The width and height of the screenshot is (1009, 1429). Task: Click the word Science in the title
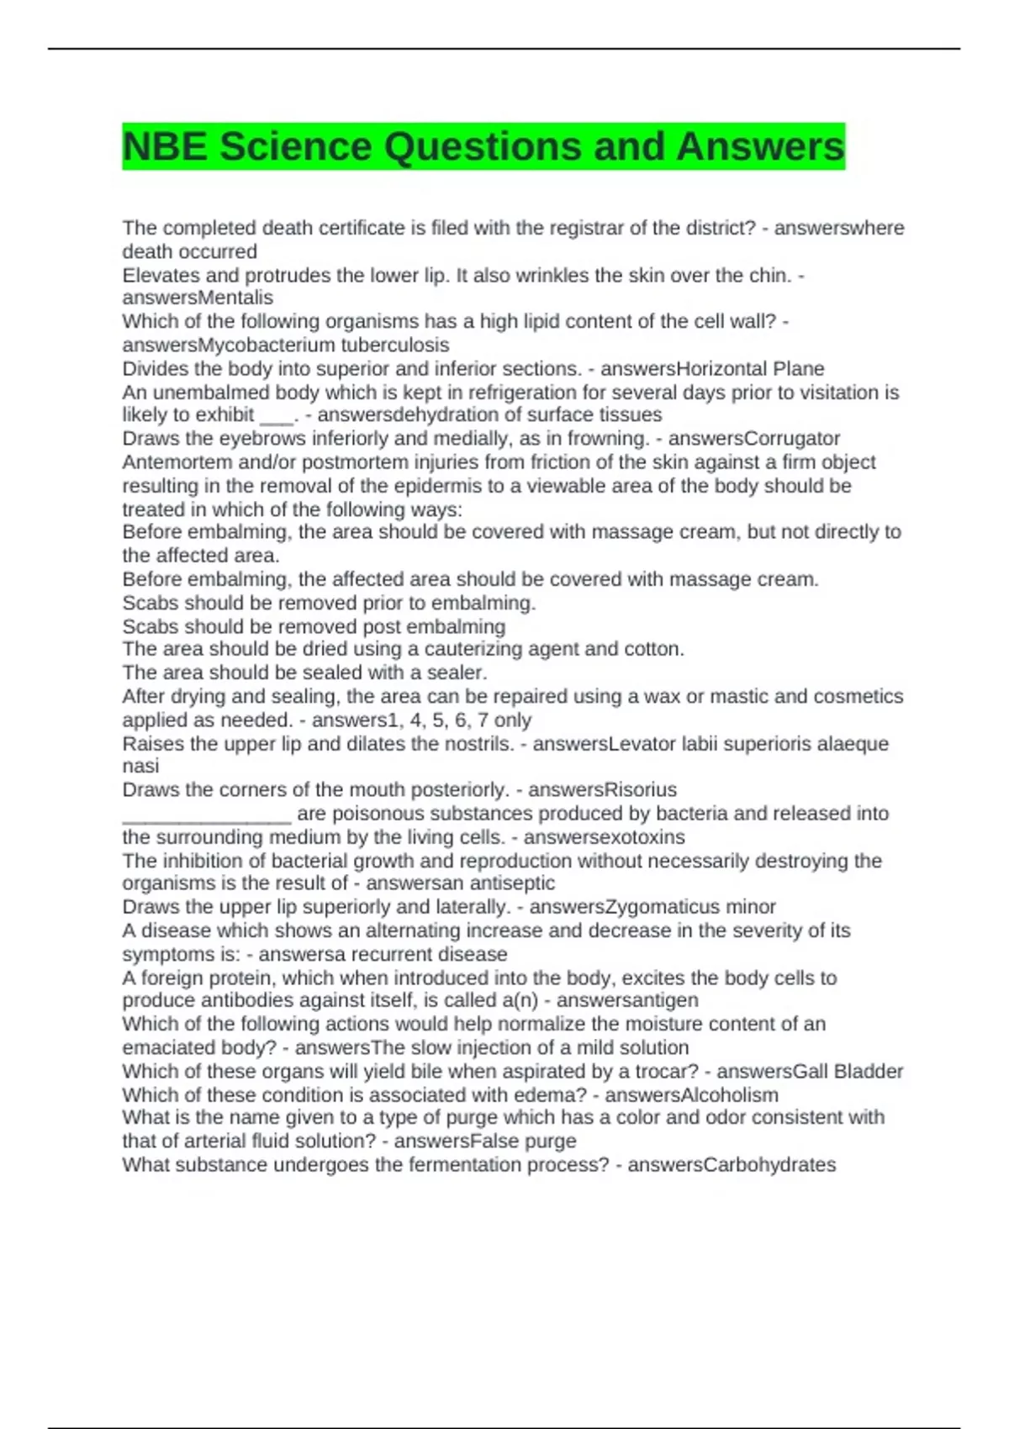pos(294,147)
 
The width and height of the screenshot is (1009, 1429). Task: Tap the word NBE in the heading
pos(165,147)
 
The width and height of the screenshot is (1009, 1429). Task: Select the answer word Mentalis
pos(235,298)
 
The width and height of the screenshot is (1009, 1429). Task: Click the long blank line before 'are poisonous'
pos(207,815)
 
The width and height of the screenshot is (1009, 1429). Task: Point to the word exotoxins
pos(643,837)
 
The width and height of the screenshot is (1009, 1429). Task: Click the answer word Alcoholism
pos(729,1095)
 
